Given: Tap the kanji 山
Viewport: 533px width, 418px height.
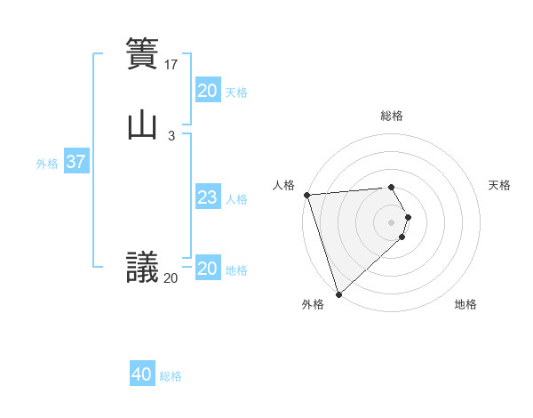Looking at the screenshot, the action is [x=142, y=125].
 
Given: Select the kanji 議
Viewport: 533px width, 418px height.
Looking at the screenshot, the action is [x=142, y=266].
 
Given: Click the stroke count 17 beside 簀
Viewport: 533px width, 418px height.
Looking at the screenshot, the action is [x=172, y=64].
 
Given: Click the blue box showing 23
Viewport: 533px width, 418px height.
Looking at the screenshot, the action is [x=207, y=197].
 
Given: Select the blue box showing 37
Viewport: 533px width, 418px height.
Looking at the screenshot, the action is [x=76, y=163].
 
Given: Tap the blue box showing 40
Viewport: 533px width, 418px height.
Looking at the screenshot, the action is [x=142, y=375].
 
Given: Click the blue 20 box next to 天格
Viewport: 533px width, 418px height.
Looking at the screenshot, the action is [x=207, y=91].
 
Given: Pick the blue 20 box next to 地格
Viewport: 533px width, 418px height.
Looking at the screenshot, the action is [x=207, y=269].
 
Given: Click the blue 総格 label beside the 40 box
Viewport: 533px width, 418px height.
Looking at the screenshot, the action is [x=171, y=376].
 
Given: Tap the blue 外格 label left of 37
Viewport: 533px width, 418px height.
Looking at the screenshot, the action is [x=47, y=164].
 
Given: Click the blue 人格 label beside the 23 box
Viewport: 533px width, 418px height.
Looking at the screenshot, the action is [x=237, y=198].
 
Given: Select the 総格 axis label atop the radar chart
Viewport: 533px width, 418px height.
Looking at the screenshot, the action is [x=392, y=116].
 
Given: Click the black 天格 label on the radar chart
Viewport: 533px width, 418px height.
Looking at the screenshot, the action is [x=499, y=185].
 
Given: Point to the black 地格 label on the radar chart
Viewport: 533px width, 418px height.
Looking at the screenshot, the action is [x=465, y=304].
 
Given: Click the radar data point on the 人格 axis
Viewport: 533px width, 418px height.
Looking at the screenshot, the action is [x=306, y=195].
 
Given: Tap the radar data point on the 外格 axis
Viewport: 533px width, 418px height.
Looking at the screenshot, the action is [x=338, y=293].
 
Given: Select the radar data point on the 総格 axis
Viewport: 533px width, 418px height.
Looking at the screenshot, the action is [x=392, y=187].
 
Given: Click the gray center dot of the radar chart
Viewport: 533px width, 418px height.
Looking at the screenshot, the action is [x=392, y=221].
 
